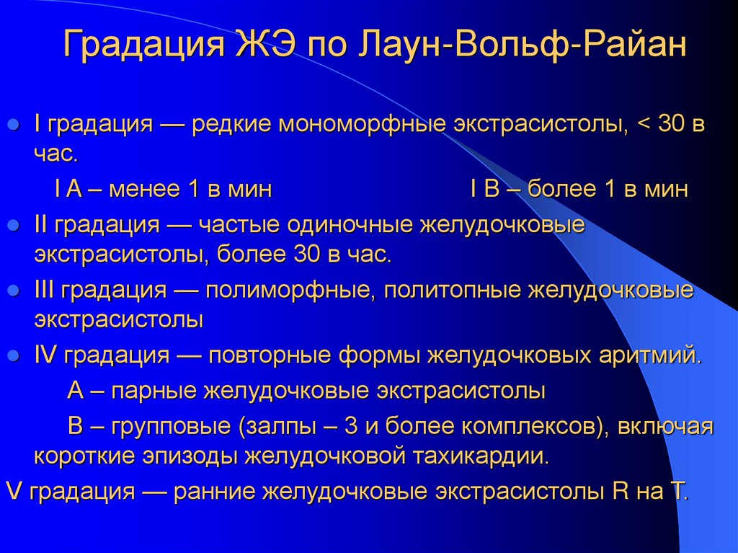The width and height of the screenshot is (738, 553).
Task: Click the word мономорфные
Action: [x=361, y=124]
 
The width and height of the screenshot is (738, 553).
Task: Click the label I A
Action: [x=67, y=190]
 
